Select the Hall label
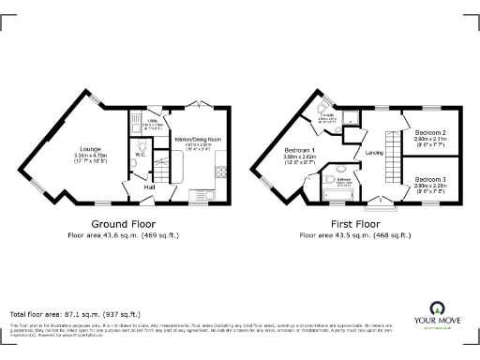tap(149, 187)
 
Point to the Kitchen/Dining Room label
tap(198, 139)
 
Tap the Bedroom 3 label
tap(428, 178)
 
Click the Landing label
tap(374, 153)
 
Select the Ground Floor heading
tap(123, 224)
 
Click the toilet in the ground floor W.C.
tap(133, 165)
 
